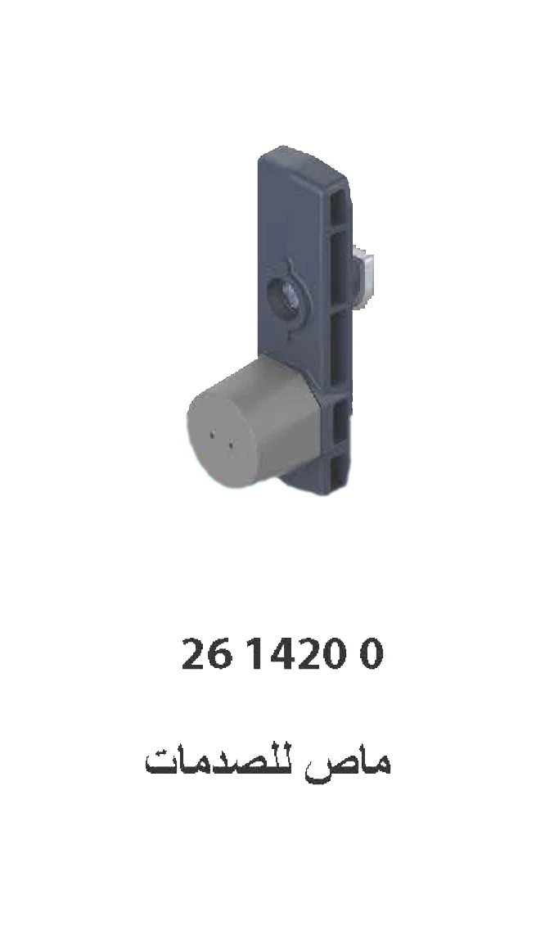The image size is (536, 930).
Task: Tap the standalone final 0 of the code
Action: click(x=371, y=656)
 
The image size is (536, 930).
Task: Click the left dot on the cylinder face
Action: click(x=214, y=436)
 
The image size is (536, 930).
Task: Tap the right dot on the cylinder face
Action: click(x=231, y=445)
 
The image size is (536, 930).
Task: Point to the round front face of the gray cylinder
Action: click(x=218, y=441)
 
